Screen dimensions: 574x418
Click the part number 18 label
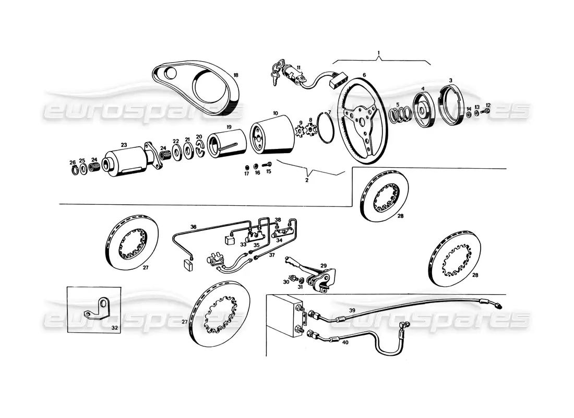235,75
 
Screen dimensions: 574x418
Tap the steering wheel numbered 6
361,121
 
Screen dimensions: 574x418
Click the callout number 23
124,145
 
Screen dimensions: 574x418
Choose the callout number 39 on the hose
352,310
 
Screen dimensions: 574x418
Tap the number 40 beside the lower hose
345,342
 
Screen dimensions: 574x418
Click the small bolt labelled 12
487,110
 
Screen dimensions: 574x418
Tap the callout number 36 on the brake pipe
193,227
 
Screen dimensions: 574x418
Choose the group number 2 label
307,180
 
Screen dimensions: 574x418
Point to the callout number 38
278,220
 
